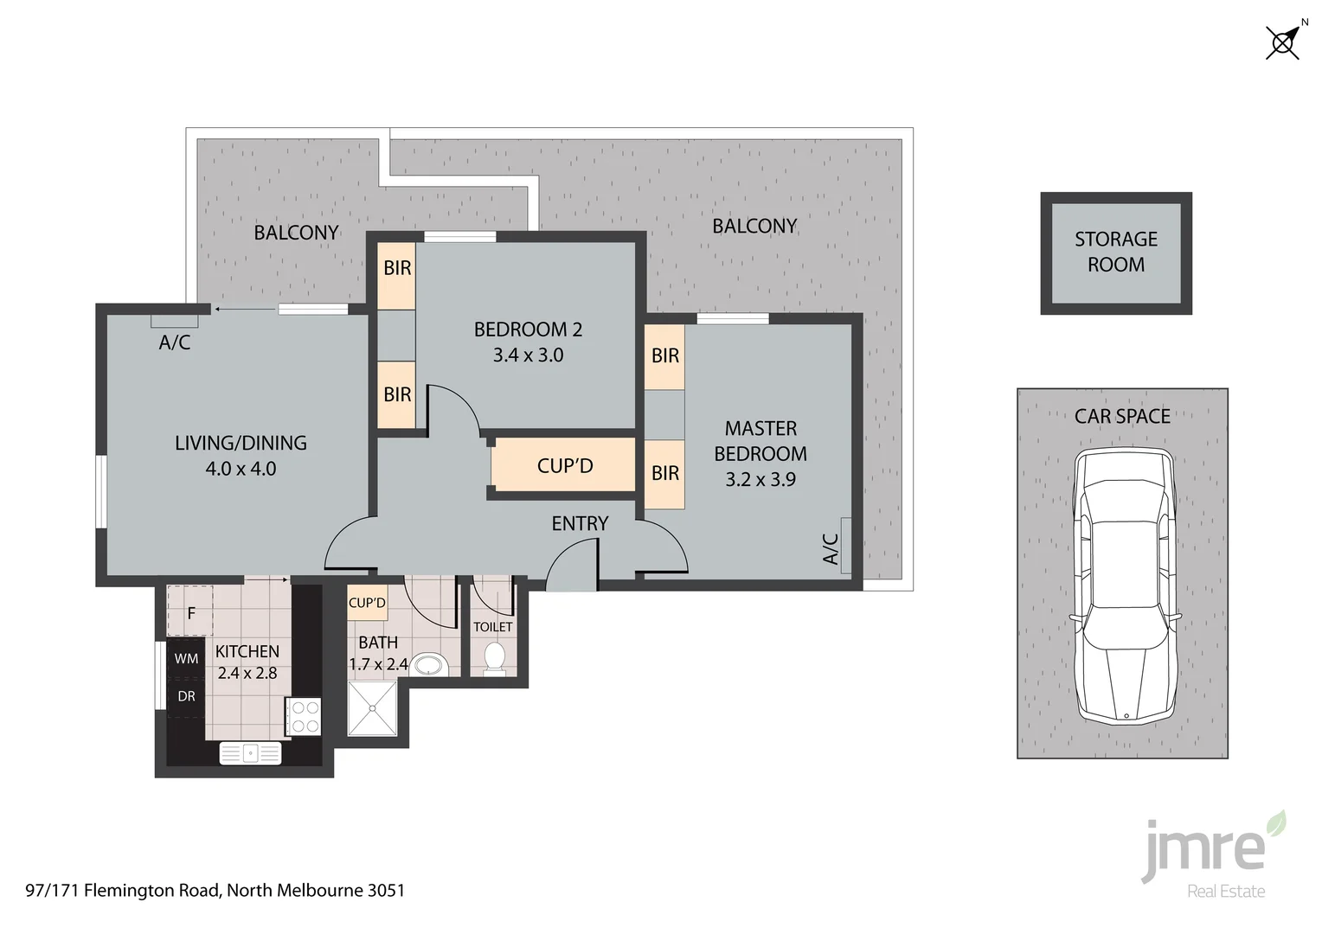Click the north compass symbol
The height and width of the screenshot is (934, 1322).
coord(1283,42)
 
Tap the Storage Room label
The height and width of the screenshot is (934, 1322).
coord(1115,252)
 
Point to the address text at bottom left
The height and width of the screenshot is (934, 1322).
coord(215,890)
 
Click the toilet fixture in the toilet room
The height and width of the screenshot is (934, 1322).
coord(494,657)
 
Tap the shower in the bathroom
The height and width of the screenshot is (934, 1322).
coord(372,707)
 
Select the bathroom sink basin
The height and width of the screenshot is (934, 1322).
coord(428,665)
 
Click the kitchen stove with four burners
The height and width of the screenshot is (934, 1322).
coord(304,717)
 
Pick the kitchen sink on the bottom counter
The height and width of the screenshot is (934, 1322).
coord(250,753)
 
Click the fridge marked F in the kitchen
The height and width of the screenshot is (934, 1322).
coord(190,613)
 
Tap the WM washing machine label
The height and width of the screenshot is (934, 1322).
coord(186,659)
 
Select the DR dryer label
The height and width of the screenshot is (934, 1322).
coord(186,696)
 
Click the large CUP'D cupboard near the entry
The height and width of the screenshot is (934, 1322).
coord(564,466)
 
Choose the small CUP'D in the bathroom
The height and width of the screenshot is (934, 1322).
coord(367,603)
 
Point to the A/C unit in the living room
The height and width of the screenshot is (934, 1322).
coord(175,322)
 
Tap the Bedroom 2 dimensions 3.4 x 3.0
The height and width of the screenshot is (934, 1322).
coord(528,355)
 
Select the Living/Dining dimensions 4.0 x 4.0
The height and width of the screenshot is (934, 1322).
coord(241,469)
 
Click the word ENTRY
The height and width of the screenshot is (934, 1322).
coord(580,523)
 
